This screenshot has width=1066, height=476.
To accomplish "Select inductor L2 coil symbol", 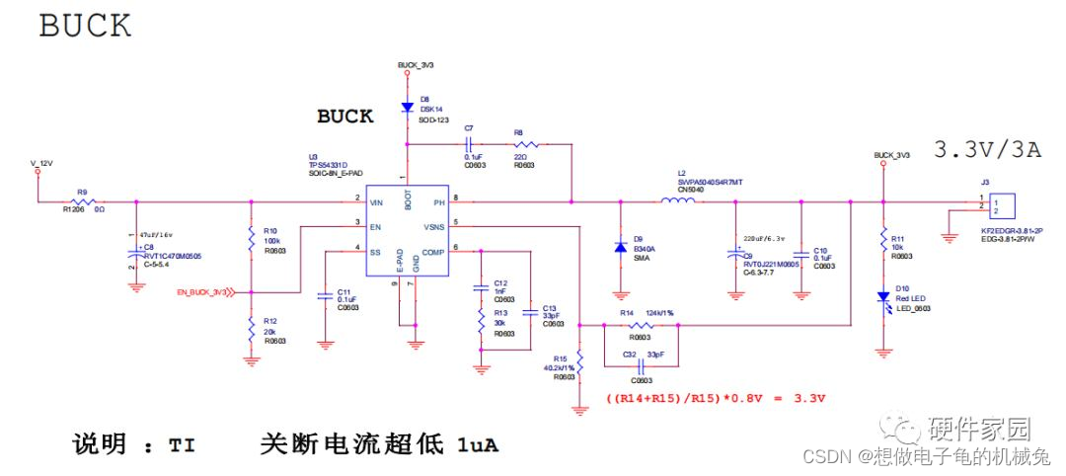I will coord(677,202).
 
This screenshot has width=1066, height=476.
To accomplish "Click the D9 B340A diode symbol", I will coord(621,248).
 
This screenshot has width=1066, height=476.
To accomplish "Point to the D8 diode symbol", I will coord(406,107).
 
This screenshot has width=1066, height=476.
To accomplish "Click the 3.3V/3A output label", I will coord(987,150).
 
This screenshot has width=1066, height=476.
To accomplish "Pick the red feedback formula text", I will coord(715,398).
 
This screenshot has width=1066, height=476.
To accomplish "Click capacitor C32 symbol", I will coord(642,365).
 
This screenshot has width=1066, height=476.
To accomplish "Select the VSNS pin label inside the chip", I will coord(435,226).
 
